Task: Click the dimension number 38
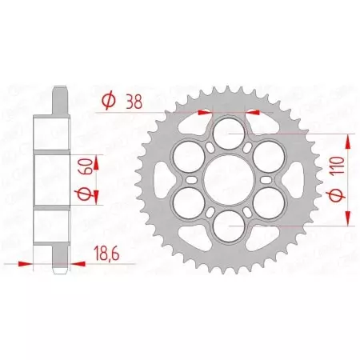tap(136, 102)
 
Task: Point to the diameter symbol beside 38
tap(108, 102)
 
